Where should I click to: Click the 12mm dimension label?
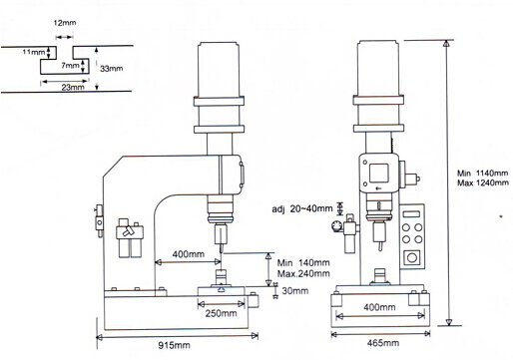pyautogui.click(x=65, y=23)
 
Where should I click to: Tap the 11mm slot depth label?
pyautogui.click(x=34, y=52)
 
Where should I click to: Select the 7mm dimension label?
pyautogui.click(x=70, y=66)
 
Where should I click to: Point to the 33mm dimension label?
pyautogui.click(x=112, y=69)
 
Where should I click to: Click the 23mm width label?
pyautogui.click(x=73, y=88)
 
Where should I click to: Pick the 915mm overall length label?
pyautogui.click(x=174, y=346)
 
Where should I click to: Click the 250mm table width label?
pyautogui.click(x=221, y=313)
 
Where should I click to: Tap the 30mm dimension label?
pyautogui.click(x=295, y=291)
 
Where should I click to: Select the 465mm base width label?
pyautogui.click(x=382, y=343)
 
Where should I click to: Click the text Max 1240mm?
pyautogui.click(x=483, y=182)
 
